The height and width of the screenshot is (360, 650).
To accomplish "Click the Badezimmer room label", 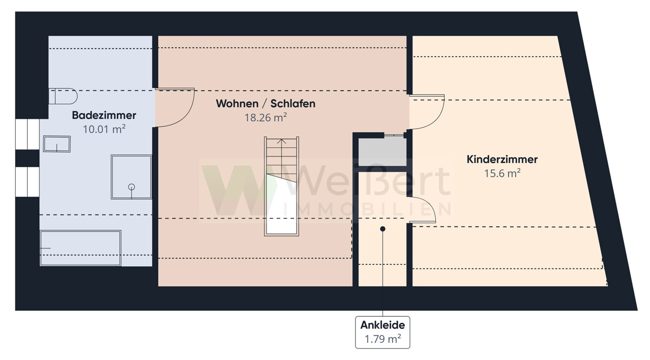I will tap(104, 115).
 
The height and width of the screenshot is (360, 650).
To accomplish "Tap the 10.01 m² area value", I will tap(104, 129).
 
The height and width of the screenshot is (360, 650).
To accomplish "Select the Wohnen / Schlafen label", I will tap(265, 104).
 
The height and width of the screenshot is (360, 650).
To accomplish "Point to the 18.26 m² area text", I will tap(265, 118).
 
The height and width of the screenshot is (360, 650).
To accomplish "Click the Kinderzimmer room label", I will tap(502, 159).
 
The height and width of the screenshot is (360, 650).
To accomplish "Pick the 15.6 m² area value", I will tap(502, 173).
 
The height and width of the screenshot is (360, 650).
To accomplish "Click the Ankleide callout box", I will tap(382, 332).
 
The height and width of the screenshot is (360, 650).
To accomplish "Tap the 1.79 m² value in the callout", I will tap(382, 339).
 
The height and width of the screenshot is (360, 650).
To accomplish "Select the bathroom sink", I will tap(57, 144).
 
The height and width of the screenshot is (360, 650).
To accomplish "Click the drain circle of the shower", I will tap(131, 187).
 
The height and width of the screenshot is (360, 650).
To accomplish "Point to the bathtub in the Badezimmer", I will tap(80, 248).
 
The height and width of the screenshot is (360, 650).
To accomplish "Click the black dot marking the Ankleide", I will tap(383, 229).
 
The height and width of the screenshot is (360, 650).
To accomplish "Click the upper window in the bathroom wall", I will tap(27, 135).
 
